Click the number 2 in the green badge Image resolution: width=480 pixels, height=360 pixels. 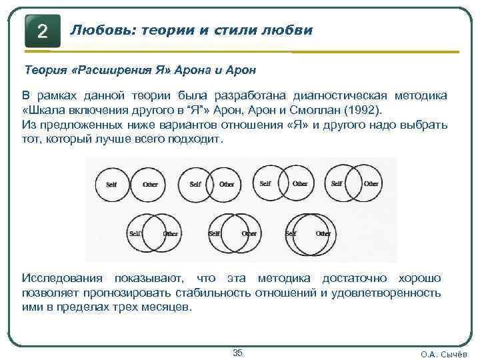tap(42, 31)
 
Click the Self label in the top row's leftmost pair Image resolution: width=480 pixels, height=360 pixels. tap(111, 184)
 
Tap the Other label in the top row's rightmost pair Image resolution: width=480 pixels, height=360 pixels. tap(371, 183)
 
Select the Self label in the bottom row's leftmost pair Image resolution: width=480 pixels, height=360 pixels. tap(135, 234)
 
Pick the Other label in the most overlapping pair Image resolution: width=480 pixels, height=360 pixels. tap(323, 234)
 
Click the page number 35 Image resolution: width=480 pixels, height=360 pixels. tap(237, 353)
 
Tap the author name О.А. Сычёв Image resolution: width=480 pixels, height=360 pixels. tap(443, 354)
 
